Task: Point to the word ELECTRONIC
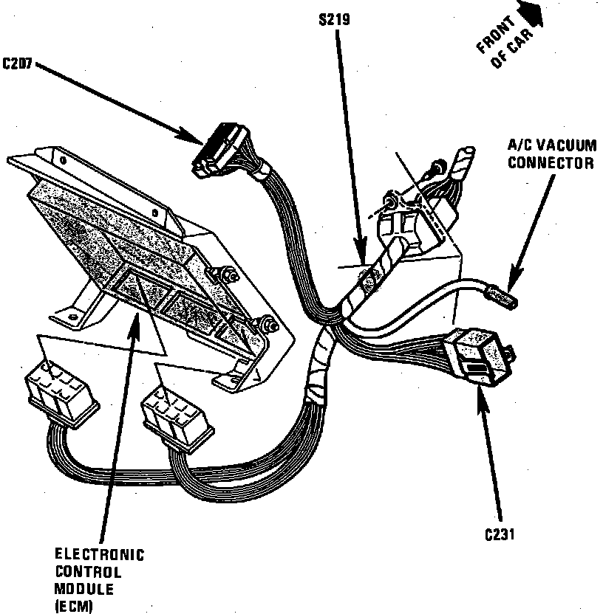click(x=100, y=555)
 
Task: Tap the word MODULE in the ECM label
click(x=84, y=590)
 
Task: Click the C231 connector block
click(x=479, y=356)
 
